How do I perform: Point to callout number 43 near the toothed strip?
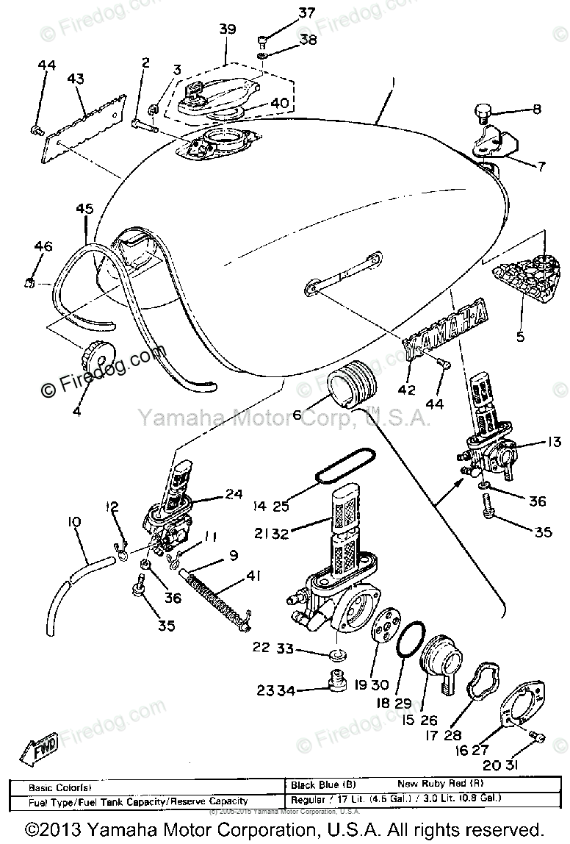[76, 79]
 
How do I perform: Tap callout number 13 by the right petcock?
[554, 442]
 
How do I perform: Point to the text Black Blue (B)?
[321, 784]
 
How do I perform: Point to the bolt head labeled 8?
[480, 113]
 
